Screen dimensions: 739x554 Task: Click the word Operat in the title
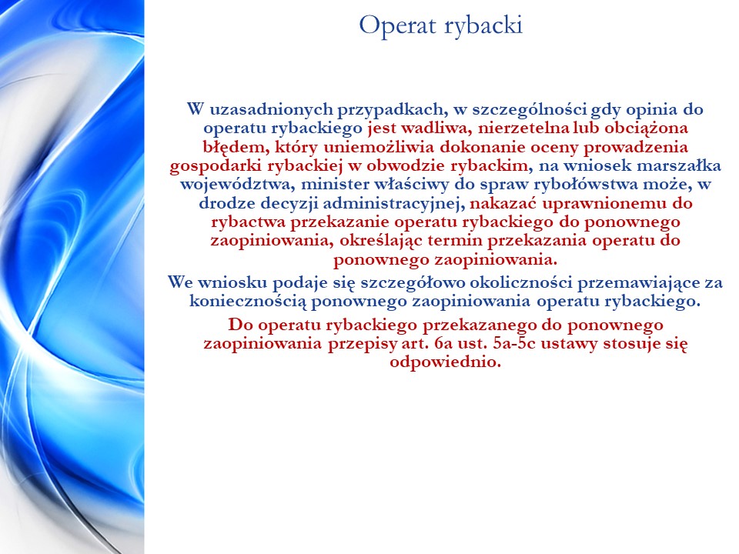pyautogui.click(x=398, y=26)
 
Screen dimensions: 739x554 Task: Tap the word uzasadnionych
pyautogui.click(x=271, y=110)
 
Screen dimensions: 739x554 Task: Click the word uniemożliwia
pyautogui.click(x=379, y=148)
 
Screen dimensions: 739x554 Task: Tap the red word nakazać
pyautogui.click(x=503, y=203)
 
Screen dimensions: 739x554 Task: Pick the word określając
pyautogui.click(x=381, y=241)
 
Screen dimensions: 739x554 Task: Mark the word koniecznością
pyautogui.click(x=248, y=301)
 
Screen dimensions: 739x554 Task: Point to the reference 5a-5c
pyautogui.click(x=514, y=343)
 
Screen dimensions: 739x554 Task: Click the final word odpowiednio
pyautogui.click(x=445, y=362)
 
